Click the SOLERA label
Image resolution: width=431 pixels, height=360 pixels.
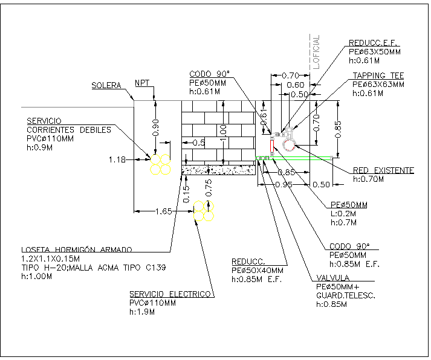coord(106,85)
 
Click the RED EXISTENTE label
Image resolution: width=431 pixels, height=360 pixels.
coord(383,171)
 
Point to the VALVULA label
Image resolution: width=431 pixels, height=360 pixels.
coord(334,278)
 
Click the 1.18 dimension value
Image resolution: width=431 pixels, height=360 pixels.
coord(117,160)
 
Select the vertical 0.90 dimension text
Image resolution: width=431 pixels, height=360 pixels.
coord(155,126)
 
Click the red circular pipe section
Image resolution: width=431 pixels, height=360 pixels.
coord(287,146)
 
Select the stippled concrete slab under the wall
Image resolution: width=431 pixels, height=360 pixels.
coord(219,170)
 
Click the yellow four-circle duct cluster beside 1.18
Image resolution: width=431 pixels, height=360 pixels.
coord(161,163)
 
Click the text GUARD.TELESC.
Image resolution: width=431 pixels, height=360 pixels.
coord(345,295)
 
